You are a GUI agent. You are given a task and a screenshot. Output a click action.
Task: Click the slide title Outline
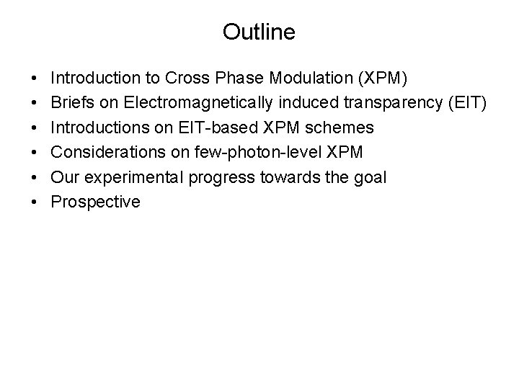259,32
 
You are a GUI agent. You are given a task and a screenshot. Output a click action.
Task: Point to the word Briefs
71,103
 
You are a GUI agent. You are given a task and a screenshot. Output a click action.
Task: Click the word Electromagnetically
188,103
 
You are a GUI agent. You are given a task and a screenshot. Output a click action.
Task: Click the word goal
371,176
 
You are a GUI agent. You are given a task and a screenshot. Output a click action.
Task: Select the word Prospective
95,201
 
